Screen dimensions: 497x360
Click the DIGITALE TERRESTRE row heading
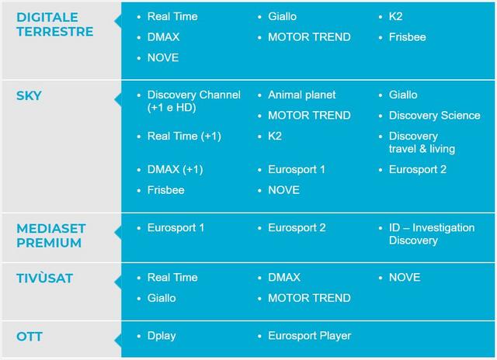(x=55, y=24)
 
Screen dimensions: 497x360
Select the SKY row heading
(x=29, y=95)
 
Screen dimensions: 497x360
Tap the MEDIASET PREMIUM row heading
(x=51, y=236)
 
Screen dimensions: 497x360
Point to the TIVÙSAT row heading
(x=45, y=278)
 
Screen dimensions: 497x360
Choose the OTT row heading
(x=30, y=336)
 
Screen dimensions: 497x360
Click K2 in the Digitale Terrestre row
(x=395, y=16)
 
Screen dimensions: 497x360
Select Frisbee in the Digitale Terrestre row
(x=407, y=37)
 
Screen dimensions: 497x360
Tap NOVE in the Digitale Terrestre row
(x=163, y=57)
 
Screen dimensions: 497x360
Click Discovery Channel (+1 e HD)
(x=194, y=102)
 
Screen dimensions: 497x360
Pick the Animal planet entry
(x=302, y=95)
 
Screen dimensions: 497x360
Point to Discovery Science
(x=435, y=116)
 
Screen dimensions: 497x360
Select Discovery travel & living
(x=422, y=143)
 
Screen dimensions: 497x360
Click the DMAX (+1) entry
(x=175, y=169)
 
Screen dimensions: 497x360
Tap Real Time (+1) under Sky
(x=184, y=136)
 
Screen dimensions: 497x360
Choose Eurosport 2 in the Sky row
(x=418, y=169)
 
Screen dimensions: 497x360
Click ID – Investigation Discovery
(x=432, y=234)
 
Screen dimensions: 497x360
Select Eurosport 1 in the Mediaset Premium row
(x=176, y=227)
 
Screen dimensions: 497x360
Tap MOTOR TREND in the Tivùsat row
(x=309, y=298)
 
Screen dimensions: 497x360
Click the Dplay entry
(x=162, y=336)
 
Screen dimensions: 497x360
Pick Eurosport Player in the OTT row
(x=310, y=336)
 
